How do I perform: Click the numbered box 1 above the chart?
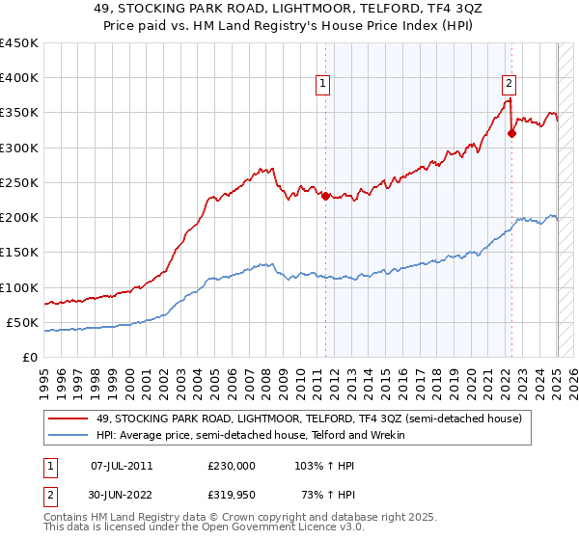coord(323,84)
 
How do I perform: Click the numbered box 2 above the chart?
coord(509,84)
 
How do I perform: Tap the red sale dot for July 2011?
coord(325,196)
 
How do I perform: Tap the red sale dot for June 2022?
coord(511,134)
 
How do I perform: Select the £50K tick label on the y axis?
coord(23,322)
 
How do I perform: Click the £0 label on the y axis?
coord(30,357)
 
